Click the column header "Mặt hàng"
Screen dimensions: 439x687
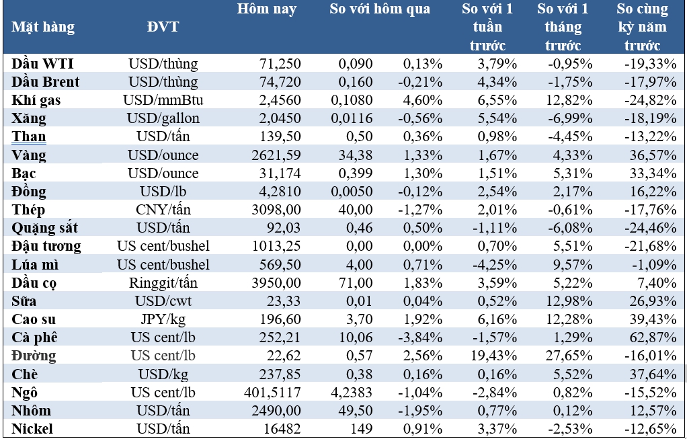43,28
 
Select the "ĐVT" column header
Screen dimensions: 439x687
163,28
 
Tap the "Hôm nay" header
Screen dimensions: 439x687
267,9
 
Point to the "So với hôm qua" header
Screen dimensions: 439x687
380,9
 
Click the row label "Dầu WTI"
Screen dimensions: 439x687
43,64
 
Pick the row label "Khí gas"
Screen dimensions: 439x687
36,100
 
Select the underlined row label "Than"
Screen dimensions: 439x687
29,136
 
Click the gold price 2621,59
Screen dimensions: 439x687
278,155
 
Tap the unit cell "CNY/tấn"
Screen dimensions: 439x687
163,210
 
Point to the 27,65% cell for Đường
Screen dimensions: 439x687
569,356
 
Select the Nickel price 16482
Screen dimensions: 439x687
282,429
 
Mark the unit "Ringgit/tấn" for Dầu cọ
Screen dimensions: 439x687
163,283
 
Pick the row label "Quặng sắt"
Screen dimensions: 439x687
45,228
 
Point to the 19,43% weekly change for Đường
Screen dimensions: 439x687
493,356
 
